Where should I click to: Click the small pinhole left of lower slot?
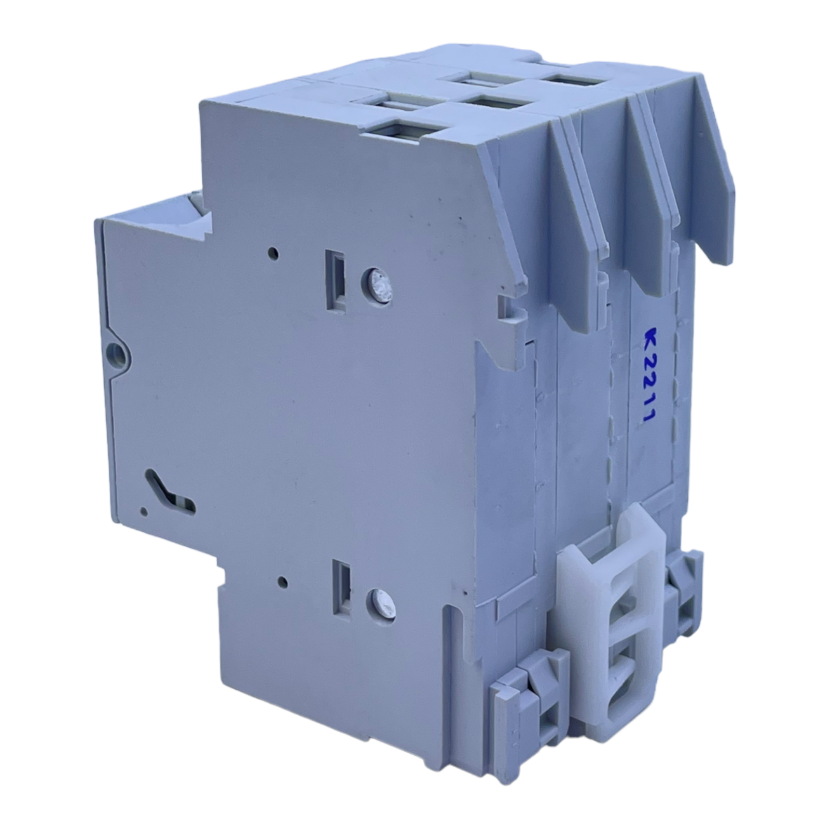(x=282, y=582)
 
